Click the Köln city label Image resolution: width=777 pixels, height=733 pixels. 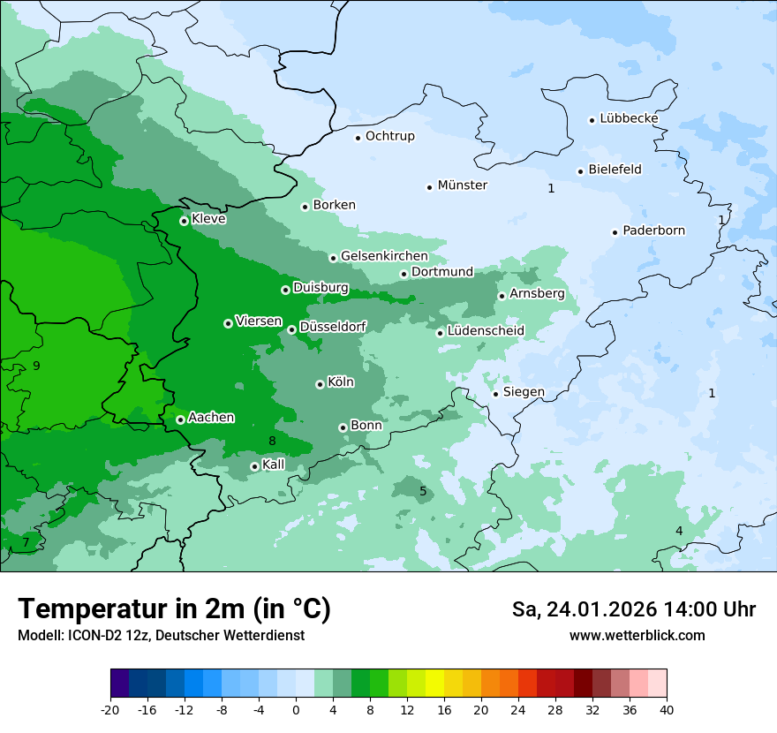(x=340, y=382)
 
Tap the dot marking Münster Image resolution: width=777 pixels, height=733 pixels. (x=429, y=186)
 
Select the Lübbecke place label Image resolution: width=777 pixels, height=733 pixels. (x=629, y=118)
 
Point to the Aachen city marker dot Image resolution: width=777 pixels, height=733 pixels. (x=180, y=419)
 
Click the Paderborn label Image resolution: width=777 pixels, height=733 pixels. (x=653, y=230)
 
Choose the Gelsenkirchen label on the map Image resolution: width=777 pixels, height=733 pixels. (x=384, y=256)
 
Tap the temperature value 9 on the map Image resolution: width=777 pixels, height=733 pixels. (x=36, y=366)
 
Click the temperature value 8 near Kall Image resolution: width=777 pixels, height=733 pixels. (x=273, y=441)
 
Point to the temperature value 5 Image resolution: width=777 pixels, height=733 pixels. (x=423, y=491)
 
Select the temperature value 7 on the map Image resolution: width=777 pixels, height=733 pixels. (x=26, y=542)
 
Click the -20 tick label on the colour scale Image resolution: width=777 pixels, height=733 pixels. (x=110, y=709)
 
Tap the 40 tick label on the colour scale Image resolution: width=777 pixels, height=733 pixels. (x=667, y=709)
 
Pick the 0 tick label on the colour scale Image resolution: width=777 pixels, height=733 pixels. (x=296, y=709)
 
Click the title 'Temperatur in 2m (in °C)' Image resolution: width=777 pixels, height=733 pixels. (x=174, y=609)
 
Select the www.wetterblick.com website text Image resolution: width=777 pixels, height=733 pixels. (x=637, y=635)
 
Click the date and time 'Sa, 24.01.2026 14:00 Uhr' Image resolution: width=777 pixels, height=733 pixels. (x=633, y=609)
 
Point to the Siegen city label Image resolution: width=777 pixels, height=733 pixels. (x=524, y=392)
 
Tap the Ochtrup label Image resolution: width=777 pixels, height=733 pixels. (x=389, y=136)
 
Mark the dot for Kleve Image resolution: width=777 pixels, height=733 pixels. (x=184, y=221)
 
